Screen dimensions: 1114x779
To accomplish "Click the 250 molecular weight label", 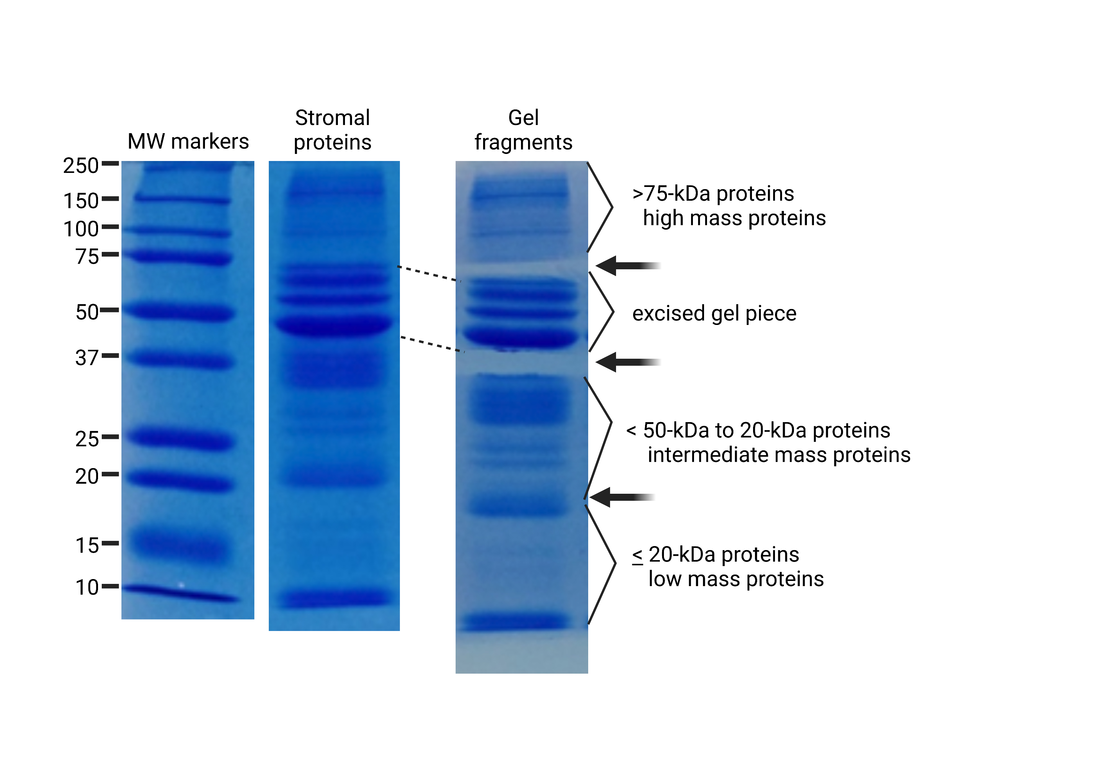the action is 81,166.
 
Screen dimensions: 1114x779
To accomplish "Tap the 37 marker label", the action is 87,358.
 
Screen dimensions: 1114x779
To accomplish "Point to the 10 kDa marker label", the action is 87,588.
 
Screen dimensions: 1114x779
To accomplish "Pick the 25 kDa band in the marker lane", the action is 181,439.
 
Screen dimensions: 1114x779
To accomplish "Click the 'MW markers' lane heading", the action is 188,142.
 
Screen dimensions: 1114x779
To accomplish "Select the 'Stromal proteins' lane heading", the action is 333,130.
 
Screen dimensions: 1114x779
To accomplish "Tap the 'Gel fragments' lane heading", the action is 524,130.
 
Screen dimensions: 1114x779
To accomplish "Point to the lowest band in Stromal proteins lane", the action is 335,599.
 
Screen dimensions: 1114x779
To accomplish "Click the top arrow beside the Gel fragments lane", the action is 628,266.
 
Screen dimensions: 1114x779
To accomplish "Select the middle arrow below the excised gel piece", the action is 628,362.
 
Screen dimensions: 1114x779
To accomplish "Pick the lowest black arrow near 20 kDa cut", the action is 622,497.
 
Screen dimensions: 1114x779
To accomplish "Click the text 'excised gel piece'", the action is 714,313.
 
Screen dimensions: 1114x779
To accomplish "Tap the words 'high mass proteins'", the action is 734,218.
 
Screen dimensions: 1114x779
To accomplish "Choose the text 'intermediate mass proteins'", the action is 779,455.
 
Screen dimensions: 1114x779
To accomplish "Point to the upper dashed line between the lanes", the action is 429,274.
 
